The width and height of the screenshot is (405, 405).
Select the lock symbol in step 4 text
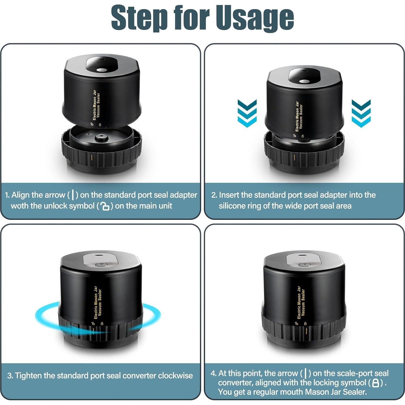(x=375, y=383)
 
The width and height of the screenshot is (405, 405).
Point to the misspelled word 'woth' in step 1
(x=20, y=206)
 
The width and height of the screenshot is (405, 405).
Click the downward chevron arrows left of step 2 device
(x=247, y=113)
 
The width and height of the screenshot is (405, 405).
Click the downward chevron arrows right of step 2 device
(x=361, y=113)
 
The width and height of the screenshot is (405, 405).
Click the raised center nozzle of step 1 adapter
(x=101, y=138)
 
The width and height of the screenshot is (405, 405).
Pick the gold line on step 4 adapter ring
(x=306, y=331)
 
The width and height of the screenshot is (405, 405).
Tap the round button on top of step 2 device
(x=304, y=81)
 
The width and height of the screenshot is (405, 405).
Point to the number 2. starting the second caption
(x=214, y=195)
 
